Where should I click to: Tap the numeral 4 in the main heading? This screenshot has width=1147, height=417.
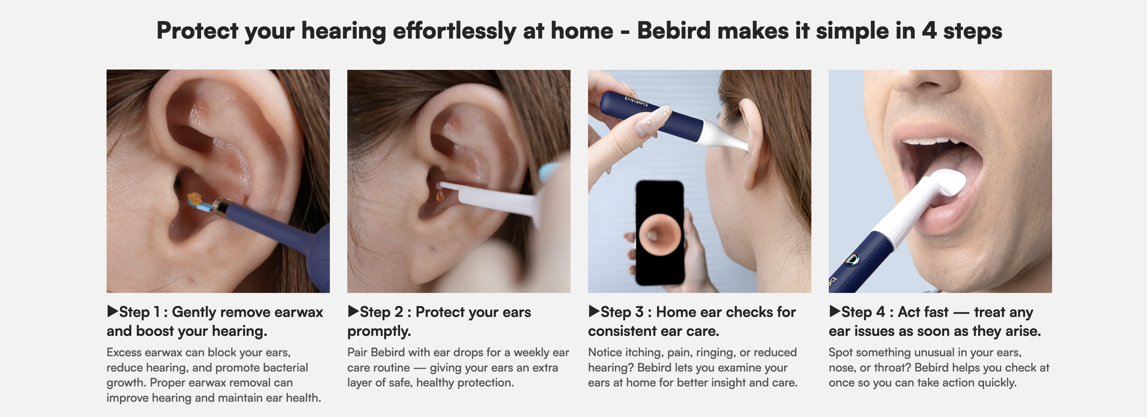[929, 31]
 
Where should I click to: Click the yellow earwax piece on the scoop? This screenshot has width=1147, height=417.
[195, 197]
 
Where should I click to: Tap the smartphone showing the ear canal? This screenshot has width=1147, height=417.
[659, 233]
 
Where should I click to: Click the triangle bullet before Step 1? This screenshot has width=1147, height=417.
[112, 311]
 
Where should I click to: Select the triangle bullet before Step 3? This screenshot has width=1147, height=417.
[594, 311]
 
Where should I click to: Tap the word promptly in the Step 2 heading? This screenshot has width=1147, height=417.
[379, 331]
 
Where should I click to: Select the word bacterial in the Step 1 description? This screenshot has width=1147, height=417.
[285, 368]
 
